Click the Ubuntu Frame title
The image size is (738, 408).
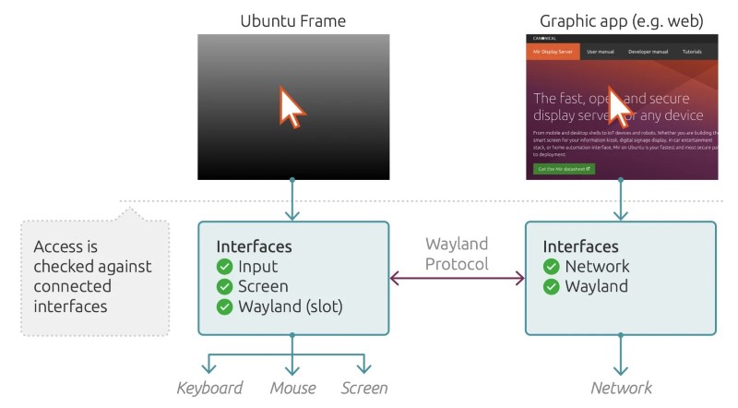point(292,19)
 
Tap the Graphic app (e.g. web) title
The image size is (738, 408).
point(620,19)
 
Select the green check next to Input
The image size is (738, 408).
point(224,268)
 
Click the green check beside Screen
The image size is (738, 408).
point(224,287)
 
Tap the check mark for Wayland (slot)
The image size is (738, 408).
point(224,307)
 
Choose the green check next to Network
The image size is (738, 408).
point(551,267)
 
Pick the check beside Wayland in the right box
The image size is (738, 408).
point(551,287)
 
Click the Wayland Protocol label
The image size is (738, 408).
point(457,254)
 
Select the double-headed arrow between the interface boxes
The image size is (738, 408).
point(457,278)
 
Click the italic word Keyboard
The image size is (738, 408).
point(209,389)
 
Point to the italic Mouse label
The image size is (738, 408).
point(292,389)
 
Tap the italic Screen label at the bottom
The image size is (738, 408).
point(364,389)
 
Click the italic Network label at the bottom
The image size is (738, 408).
point(621,389)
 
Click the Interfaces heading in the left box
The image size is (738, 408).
point(254,247)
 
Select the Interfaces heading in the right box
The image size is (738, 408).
point(580,246)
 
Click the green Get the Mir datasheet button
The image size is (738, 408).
point(564,169)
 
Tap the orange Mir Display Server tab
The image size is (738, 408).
point(553,52)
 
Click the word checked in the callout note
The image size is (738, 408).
point(65,268)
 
